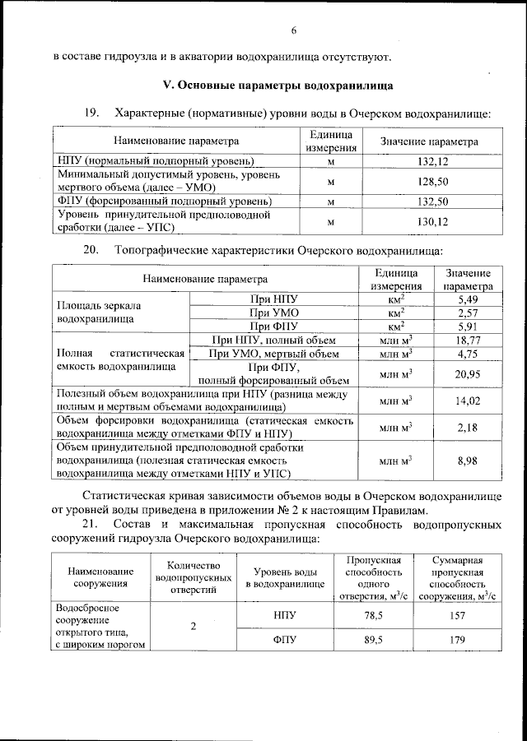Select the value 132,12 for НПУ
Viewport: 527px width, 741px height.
point(428,160)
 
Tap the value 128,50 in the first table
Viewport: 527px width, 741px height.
point(428,181)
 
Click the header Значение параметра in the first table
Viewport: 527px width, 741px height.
point(428,141)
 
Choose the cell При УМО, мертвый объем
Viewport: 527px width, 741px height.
point(274,354)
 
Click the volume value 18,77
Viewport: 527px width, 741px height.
point(468,340)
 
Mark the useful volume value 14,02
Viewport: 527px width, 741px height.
point(468,401)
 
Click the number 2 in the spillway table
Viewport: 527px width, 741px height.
point(194,627)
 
